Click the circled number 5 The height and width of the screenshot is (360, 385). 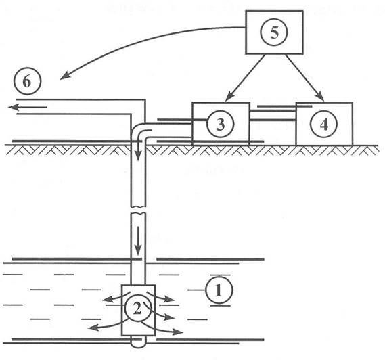pyautogui.click(x=274, y=32)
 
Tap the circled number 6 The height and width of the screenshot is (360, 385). pyautogui.click(x=27, y=81)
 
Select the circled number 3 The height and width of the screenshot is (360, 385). pyautogui.click(x=221, y=125)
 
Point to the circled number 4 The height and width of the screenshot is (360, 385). pyautogui.click(x=324, y=125)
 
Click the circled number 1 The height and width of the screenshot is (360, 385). pyautogui.click(x=219, y=290)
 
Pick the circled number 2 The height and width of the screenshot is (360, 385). pyautogui.click(x=137, y=309)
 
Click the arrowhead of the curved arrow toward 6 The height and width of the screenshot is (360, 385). pyautogui.click(x=64, y=76)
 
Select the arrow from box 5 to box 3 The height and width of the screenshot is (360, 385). pyautogui.click(x=245, y=78)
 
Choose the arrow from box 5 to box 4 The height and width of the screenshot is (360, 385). pyautogui.click(x=304, y=78)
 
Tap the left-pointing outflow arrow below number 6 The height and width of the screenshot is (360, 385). pyautogui.click(x=27, y=108)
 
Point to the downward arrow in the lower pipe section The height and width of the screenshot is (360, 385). pyautogui.click(x=138, y=241)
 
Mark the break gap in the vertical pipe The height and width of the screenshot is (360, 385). pyautogui.click(x=138, y=210)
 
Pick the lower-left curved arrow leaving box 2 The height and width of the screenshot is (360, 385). pyautogui.click(x=108, y=326)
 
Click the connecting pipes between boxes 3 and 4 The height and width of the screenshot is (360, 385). pyautogui.click(x=273, y=115)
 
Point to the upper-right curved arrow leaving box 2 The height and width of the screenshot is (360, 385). pyautogui.click(x=161, y=296)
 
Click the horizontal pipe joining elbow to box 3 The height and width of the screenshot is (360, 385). pyautogui.click(x=169, y=130)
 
